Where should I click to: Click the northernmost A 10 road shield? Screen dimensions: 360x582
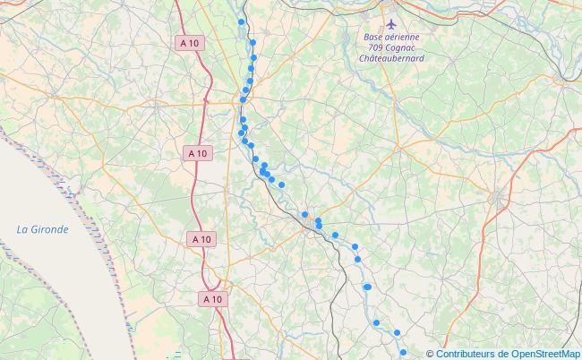(188, 42)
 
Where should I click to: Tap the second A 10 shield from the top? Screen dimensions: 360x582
(198, 153)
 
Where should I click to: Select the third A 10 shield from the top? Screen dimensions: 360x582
(202, 238)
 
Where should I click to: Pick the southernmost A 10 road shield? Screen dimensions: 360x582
(212, 298)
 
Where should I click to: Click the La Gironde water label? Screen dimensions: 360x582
(42, 229)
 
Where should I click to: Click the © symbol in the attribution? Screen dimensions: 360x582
(430, 353)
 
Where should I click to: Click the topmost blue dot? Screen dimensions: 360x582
(241, 22)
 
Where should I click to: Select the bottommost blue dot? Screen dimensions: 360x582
(403, 352)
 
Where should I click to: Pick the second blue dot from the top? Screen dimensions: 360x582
(252, 42)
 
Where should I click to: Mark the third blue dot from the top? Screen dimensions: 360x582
(253, 57)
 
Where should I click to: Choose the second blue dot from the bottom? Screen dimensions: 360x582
(397, 332)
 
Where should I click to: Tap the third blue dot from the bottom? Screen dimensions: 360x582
(376, 322)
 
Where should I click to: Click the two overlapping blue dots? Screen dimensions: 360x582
(367, 287)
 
